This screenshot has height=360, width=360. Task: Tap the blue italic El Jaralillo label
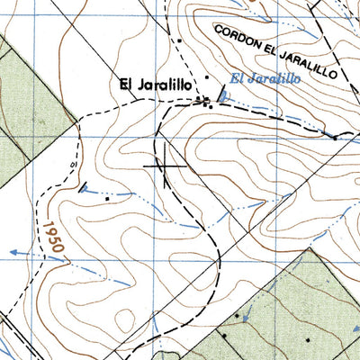coord(264,78)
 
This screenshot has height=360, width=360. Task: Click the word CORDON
coord(239,38)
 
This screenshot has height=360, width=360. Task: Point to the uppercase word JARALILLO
coord(312,65)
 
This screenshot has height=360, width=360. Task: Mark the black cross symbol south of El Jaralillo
coord(170,166)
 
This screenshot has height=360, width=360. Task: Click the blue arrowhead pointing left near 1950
coord(13,252)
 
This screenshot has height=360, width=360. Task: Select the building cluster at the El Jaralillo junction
coord(208,99)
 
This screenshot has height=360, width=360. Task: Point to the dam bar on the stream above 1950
coord(84,189)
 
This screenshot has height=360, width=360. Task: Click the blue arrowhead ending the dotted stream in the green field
coord(245,317)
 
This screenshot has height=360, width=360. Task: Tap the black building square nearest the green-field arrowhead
coord(238,317)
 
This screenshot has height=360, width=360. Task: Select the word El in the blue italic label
coord(237,78)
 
